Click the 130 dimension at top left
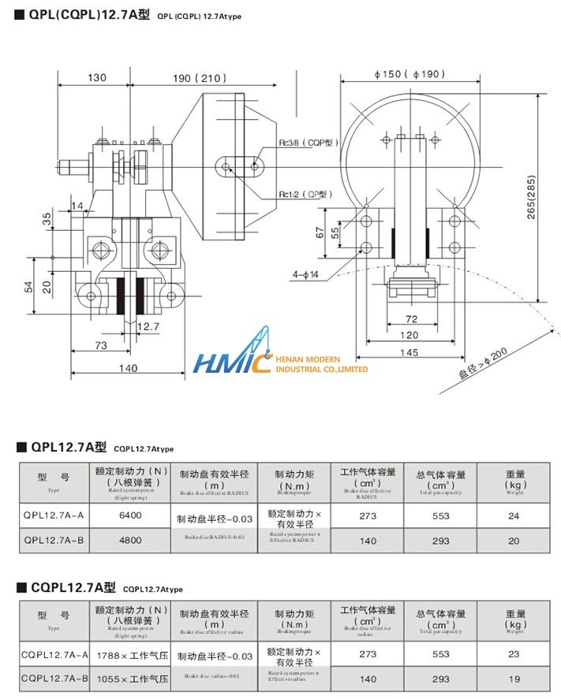tap(97, 78)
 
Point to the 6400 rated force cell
tap(129, 516)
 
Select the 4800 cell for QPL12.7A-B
tap(129, 541)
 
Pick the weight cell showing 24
tap(514, 516)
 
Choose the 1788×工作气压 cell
tap(129, 655)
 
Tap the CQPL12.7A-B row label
tap(54, 679)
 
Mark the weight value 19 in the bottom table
tap(514, 679)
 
